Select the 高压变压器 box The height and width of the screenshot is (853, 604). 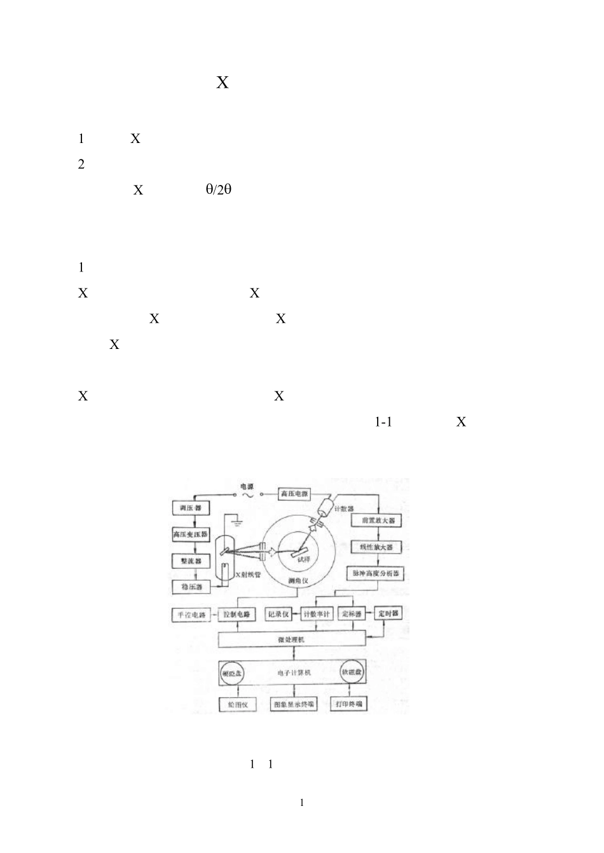click(191, 535)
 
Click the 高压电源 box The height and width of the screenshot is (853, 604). click(294, 494)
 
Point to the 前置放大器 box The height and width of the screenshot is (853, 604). click(378, 520)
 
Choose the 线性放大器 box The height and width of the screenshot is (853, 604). click(377, 547)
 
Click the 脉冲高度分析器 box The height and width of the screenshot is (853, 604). click(377, 573)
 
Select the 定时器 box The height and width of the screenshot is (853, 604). click(388, 614)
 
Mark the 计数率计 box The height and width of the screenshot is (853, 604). click(316, 614)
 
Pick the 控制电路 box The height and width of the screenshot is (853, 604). click(237, 615)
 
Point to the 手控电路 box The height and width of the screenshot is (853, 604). click(191, 615)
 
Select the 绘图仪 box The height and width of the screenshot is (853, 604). click(237, 705)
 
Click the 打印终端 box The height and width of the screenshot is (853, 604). click(349, 704)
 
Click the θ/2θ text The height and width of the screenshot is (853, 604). click(218, 189)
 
